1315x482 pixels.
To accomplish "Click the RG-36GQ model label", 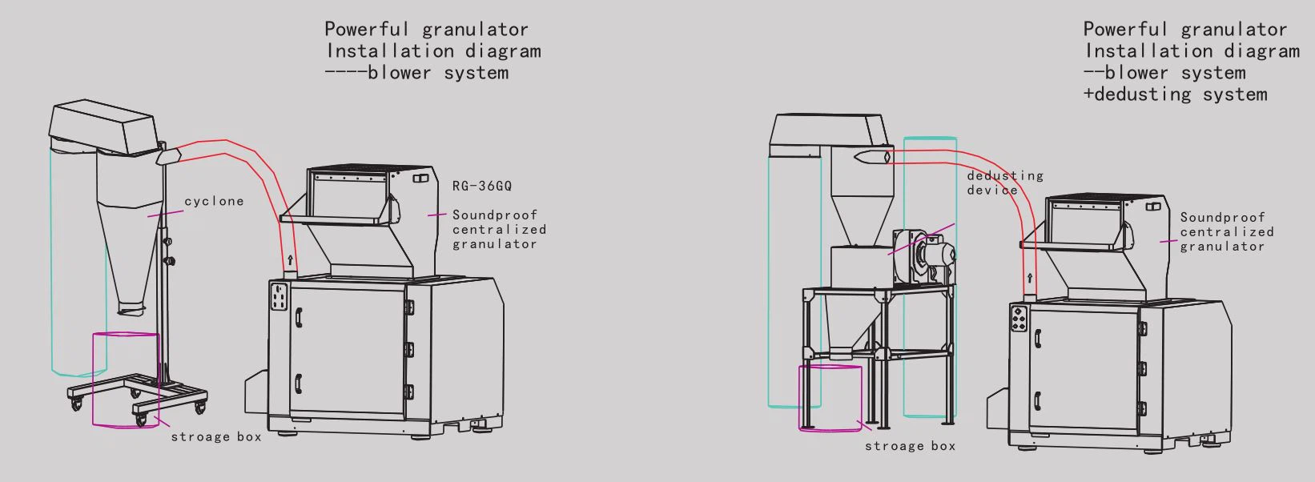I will (x=481, y=187).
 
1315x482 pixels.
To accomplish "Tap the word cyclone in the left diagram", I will (x=214, y=201).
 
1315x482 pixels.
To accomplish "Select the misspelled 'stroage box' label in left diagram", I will (x=216, y=437).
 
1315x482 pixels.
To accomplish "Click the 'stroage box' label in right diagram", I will (x=910, y=446).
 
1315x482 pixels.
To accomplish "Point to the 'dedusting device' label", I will (x=1004, y=183).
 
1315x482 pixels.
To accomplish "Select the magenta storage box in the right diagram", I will (x=830, y=397).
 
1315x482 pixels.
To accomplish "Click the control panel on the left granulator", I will (x=279, y=297).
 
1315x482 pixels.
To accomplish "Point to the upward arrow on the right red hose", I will (x=1030, y=279).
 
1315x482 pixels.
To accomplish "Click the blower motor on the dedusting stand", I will (x=935, y=255).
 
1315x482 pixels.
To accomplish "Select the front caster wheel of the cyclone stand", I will (x=141, y=419).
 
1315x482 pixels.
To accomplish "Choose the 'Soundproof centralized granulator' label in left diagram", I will (x=498, y=229).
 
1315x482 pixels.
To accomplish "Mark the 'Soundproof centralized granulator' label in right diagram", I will (x=1225, y=231).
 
